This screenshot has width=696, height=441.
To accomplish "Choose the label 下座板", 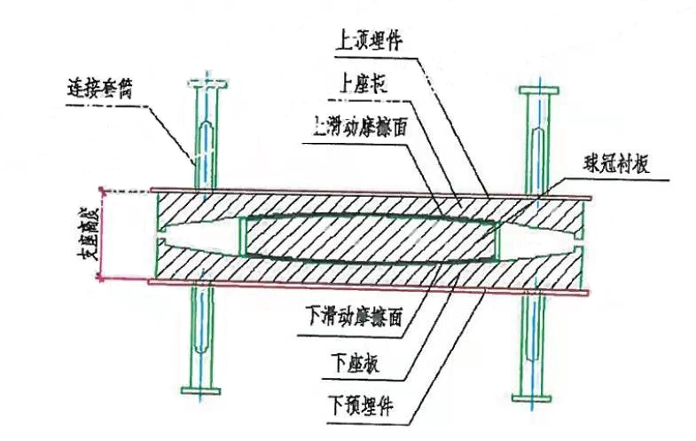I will [x=356, y=364].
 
